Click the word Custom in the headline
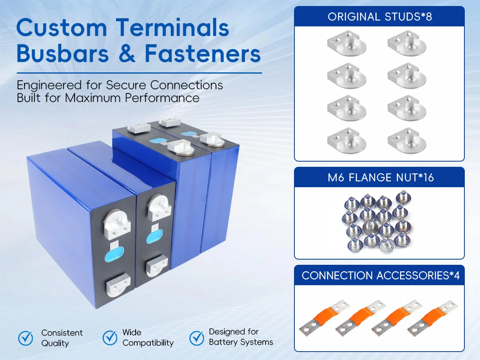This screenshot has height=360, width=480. (62, 28)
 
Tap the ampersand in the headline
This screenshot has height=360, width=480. (127, 53)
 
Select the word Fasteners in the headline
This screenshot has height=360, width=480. (203, 53)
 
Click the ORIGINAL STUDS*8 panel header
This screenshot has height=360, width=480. (380, 17)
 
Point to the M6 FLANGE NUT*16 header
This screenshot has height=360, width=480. (380, 178)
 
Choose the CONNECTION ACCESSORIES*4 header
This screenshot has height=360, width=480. (380, 276)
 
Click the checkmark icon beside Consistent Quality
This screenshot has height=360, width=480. (26, 338)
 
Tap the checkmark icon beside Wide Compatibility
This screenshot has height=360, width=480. (110, 338)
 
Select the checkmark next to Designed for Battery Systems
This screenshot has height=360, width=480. (196, 338)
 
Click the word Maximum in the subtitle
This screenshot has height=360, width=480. (93, 98)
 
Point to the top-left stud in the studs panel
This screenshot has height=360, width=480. (347, 43)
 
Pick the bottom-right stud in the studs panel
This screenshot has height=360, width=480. (407, 140)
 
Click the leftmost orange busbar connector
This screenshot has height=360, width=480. (324, 318)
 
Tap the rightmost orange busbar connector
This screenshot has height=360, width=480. (432, 318)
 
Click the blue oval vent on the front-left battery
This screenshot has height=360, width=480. (114, 254)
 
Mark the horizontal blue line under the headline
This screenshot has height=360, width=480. (139, 73)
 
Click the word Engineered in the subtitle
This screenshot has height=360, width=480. (49, 85)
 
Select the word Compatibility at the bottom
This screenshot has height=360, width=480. (148, 343)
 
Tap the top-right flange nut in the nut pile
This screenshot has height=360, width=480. (403, 198)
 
